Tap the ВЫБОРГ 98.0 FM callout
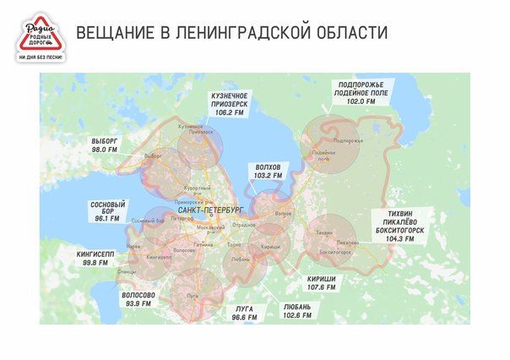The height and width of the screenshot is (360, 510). pos(104,145)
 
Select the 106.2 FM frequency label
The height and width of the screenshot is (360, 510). pos(229,112)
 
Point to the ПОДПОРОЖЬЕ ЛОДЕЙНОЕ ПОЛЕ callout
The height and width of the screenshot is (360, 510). pos(361,92)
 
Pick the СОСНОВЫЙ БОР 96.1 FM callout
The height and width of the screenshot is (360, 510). pos(107,211)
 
